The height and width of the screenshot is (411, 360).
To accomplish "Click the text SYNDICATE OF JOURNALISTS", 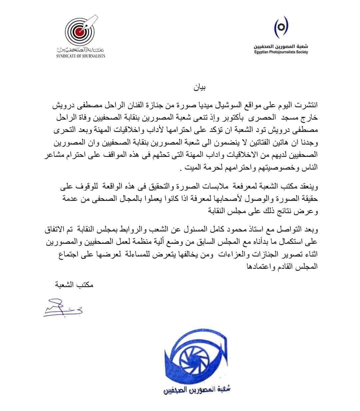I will [x=80, y=56].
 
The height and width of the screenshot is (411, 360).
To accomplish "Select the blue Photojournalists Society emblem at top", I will [x=281, y=27].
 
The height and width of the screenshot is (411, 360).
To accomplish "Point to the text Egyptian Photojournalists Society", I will [x=280, y=52].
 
